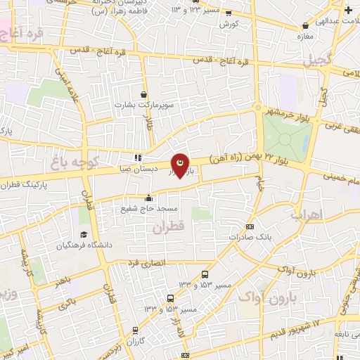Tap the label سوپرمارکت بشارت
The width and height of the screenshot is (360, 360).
145,105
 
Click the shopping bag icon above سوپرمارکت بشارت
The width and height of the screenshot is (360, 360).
144,94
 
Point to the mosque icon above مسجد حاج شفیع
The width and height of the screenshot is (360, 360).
148,199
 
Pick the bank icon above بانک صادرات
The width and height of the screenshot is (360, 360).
251,226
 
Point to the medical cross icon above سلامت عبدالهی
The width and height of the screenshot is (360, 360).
349,10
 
